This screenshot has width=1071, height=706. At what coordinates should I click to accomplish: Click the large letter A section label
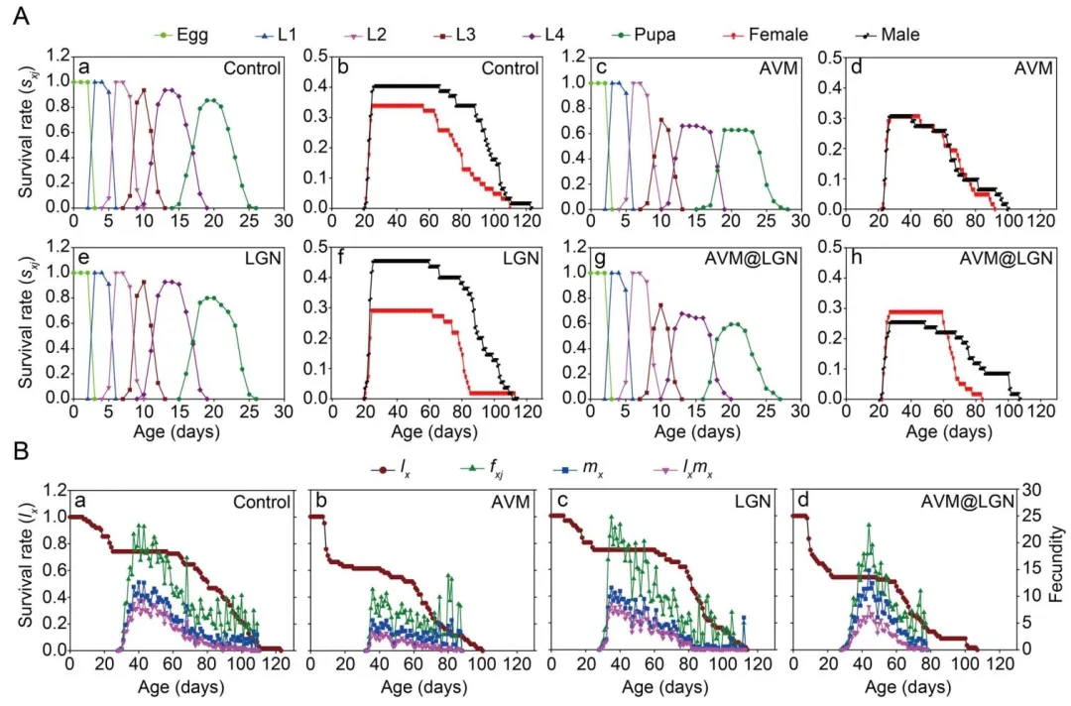point(18,16)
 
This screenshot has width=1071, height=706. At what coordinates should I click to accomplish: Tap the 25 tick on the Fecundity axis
point(1031,517)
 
